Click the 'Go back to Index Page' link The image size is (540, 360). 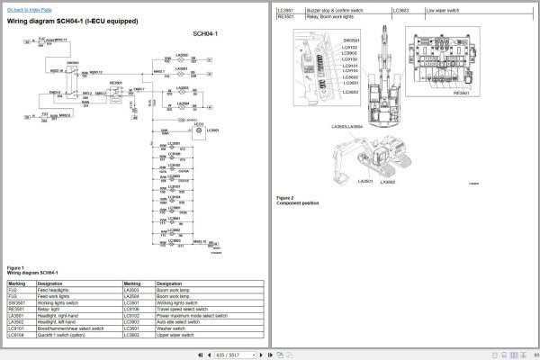click(x=30, y=8)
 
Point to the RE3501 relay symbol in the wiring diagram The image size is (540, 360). click(x=115, y=89)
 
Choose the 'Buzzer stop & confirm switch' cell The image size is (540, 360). click(x=335, y=10)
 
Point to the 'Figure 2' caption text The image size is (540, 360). click(x=285, y=197)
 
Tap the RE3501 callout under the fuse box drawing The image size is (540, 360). click(x=461, y=93)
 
